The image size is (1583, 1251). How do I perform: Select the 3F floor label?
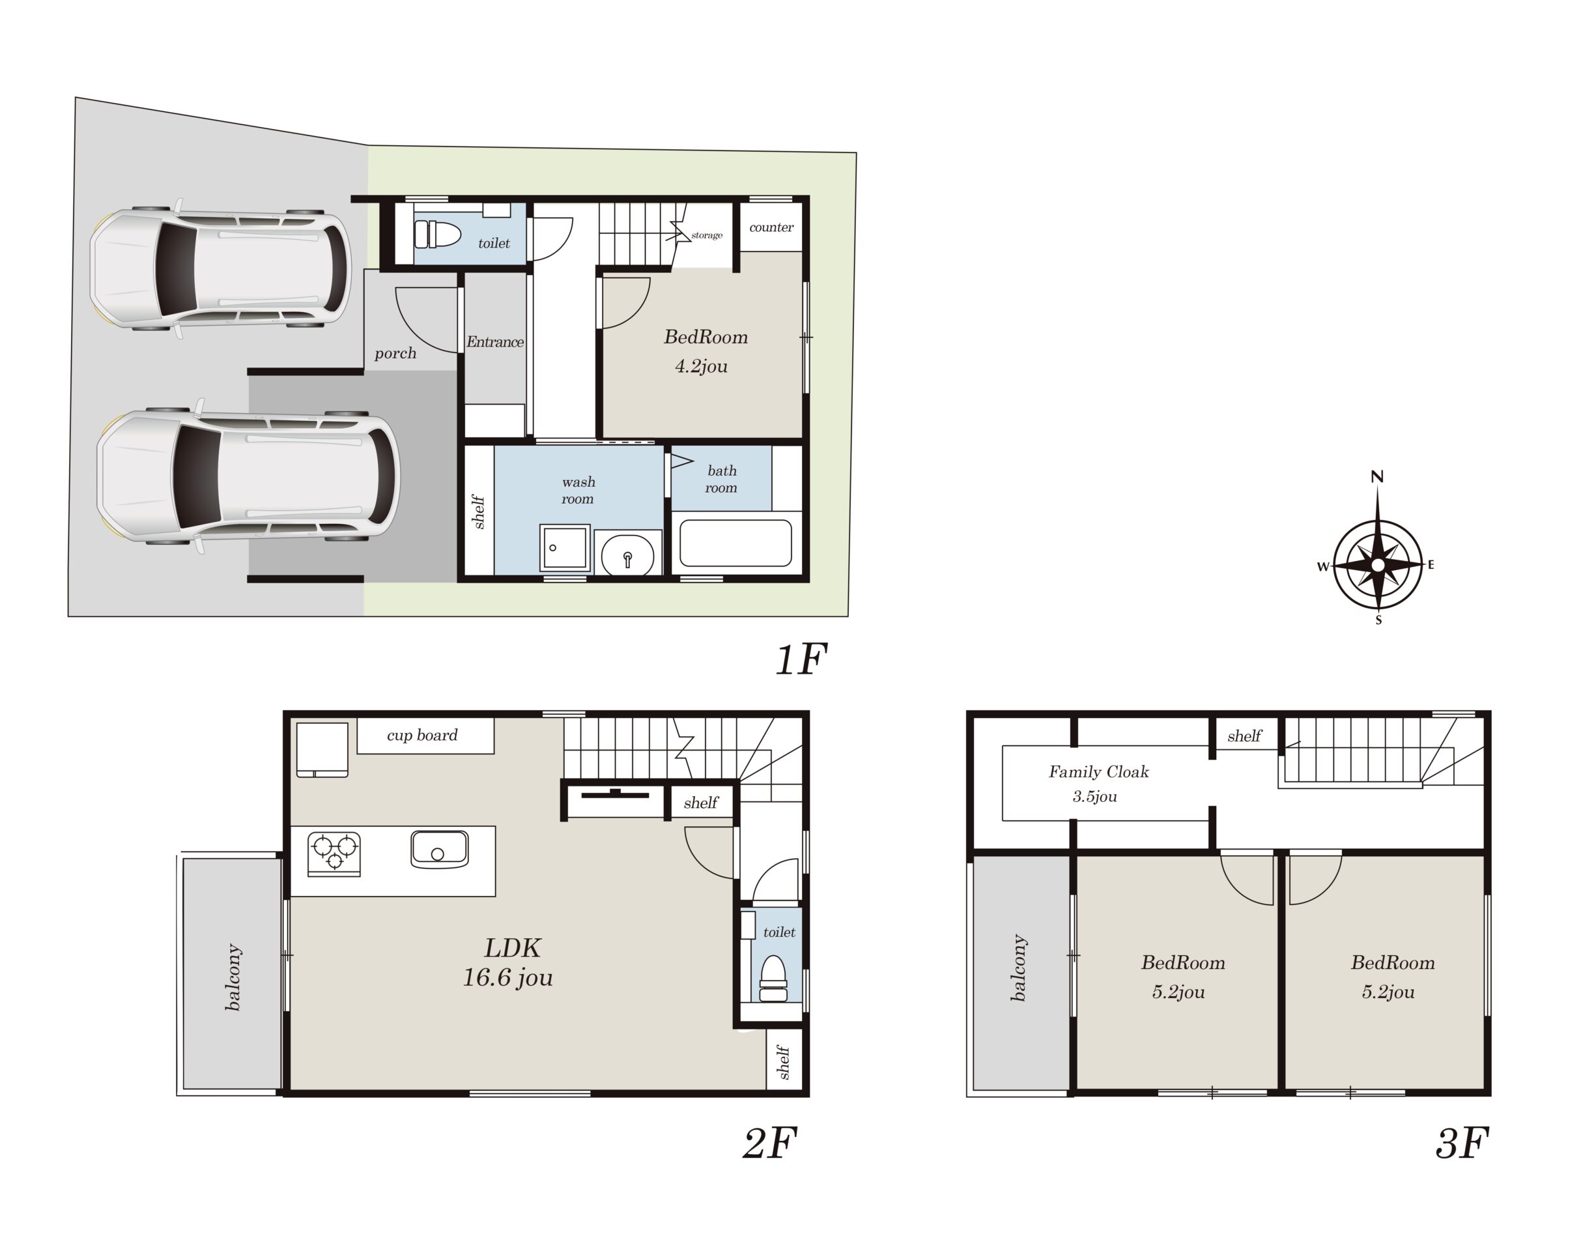click(1462, 1143)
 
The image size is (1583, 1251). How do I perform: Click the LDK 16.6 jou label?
click(509, 962)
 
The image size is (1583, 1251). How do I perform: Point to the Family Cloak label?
click(1098, 771)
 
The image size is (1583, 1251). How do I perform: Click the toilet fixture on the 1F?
click(437, 235)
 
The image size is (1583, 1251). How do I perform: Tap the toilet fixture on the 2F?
click(773, 979)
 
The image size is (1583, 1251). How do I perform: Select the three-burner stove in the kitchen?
click(335, 854)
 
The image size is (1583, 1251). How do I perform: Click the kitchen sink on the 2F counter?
click(439, 849)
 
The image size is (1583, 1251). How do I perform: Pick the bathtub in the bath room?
click(736, 543)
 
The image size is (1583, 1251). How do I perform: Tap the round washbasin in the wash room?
click(627, 554)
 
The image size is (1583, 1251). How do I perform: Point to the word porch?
click(395, 353)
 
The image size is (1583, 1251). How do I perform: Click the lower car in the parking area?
click(249, 476)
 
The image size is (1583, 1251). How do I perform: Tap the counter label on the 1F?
click(771, 227)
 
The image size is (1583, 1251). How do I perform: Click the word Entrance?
click(495, 342)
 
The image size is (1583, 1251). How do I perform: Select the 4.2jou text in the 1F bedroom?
click(702, 366)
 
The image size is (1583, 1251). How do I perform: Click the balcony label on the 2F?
click(233, 977)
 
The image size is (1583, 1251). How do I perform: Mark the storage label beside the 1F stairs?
click(707, 235)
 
